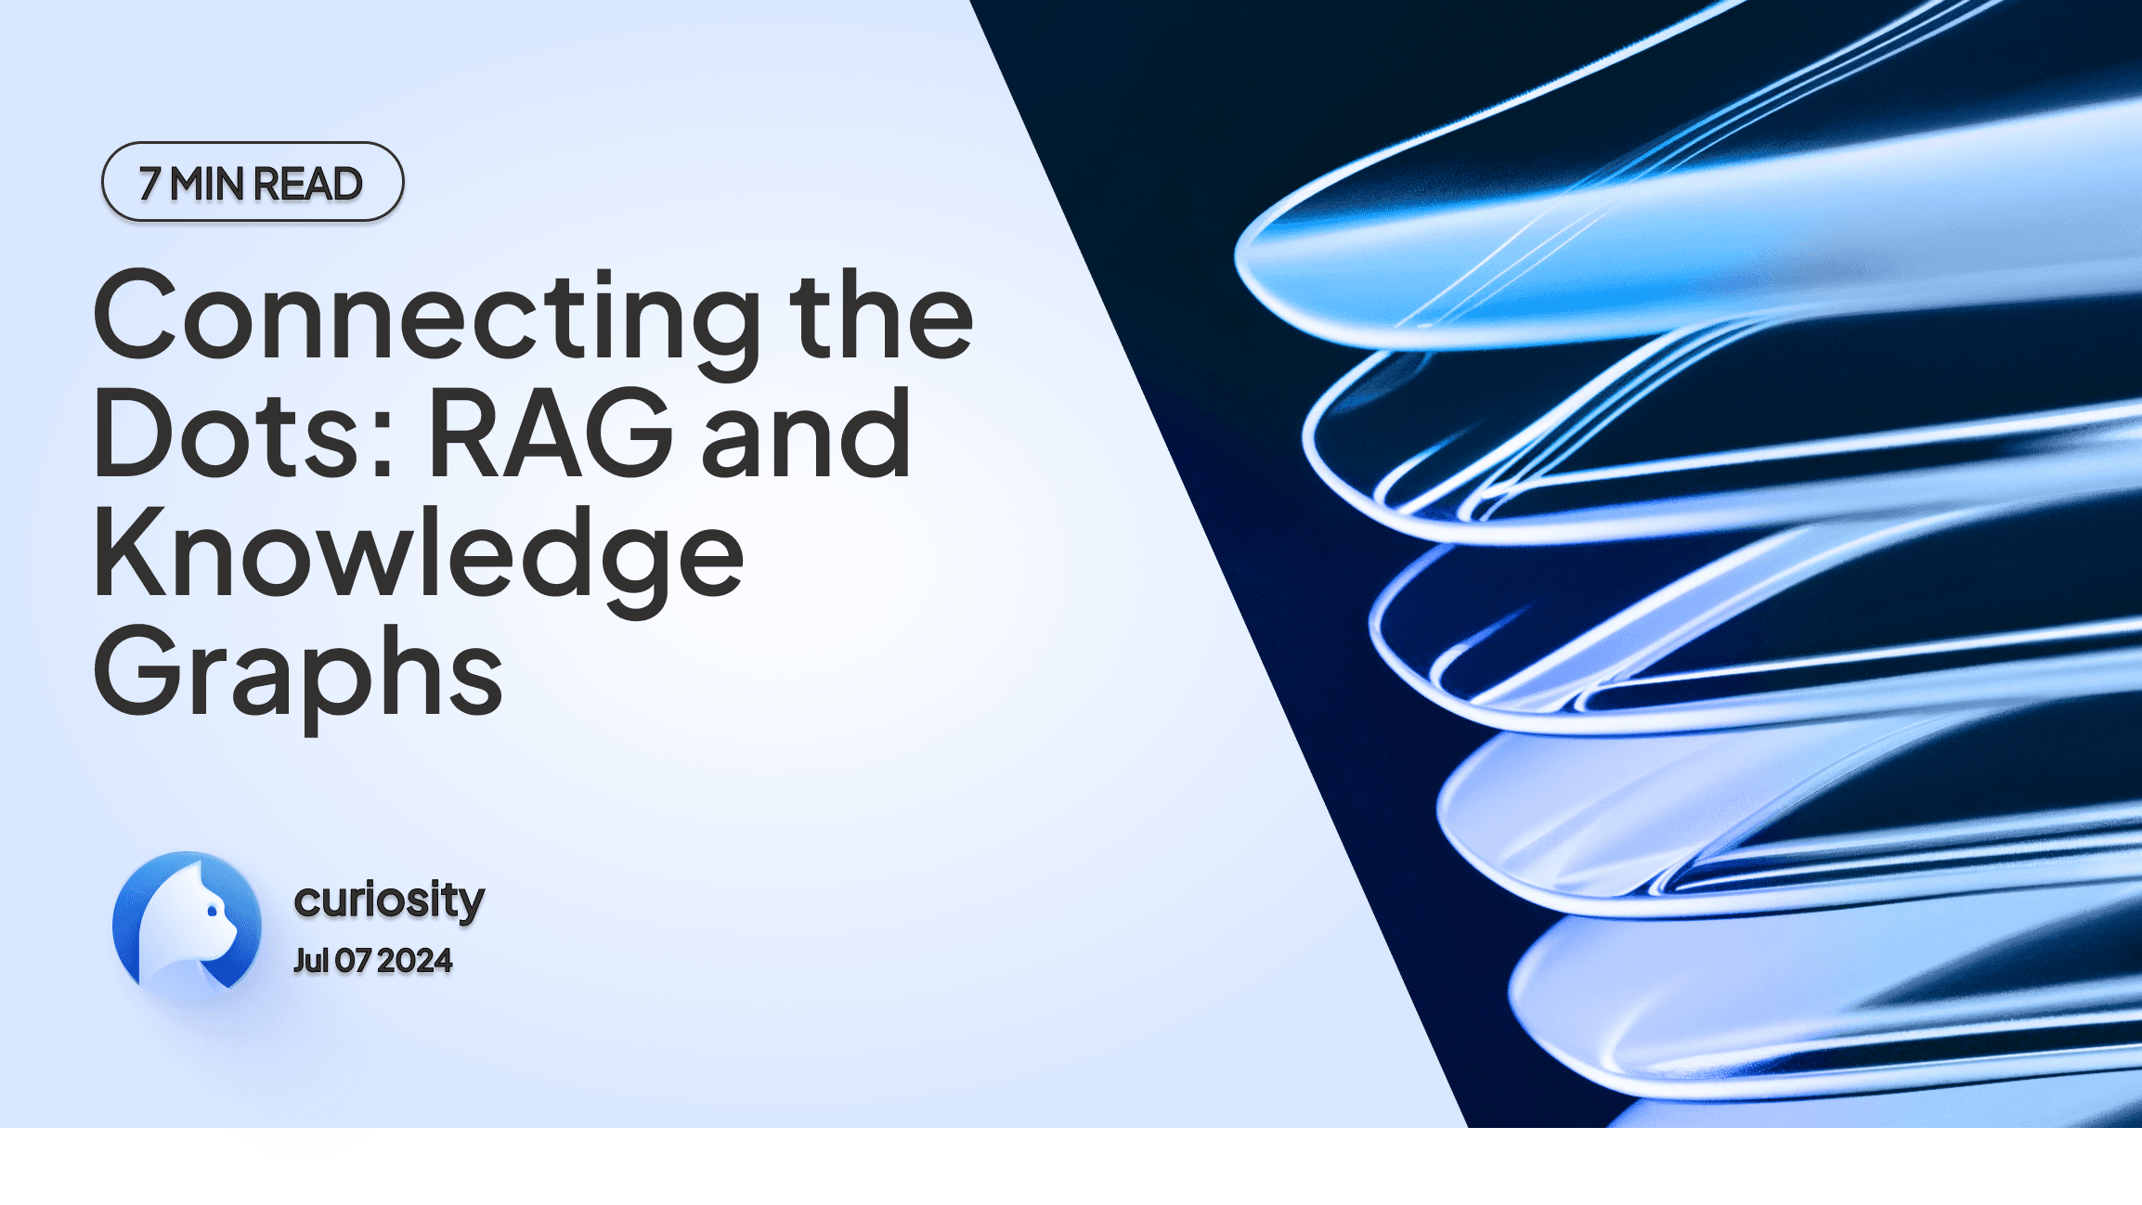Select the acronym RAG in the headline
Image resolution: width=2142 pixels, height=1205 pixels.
coord(551,434)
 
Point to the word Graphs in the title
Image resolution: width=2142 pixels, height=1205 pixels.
coord(297,673)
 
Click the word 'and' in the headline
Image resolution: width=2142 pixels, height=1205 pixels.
coord(806,434)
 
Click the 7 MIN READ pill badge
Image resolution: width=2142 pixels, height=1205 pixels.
coord(253,182)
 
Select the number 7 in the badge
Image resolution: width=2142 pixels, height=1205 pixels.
coord(149,184)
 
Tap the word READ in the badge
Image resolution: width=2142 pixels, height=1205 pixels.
coord(307,184)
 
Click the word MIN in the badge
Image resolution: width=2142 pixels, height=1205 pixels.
coord(206,184)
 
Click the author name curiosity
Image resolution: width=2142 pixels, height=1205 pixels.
coord(389,899)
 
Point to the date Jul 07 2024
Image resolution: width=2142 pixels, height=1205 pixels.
coord(372,961)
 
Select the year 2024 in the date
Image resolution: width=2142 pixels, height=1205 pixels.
coord(414,961)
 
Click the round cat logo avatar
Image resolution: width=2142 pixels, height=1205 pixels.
coord(187,924)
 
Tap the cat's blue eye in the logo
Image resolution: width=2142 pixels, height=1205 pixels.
coord(213,912)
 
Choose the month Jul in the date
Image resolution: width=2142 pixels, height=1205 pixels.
coord(311,961)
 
